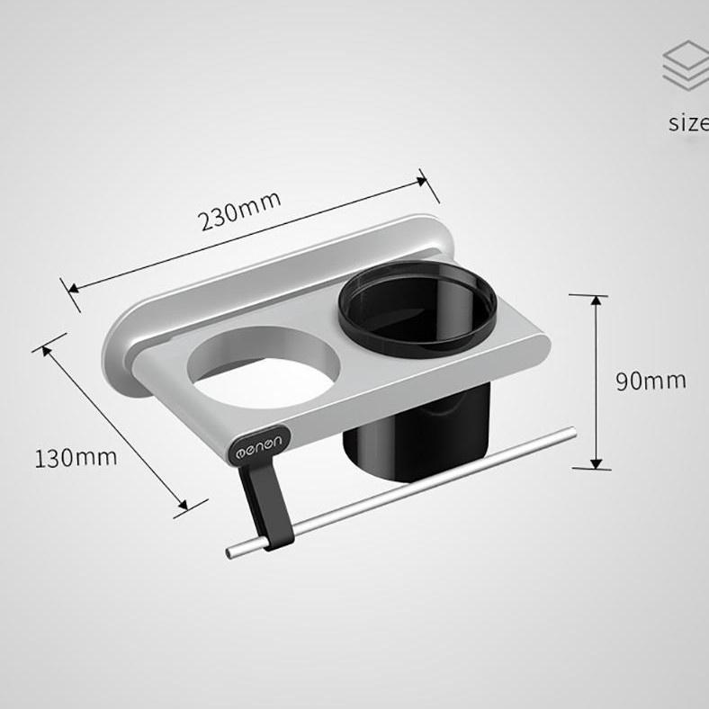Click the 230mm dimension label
point(240,210)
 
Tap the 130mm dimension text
point(76,457)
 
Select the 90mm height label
point(651,381)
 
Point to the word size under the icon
point(688,122)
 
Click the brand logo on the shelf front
point(258,443)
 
